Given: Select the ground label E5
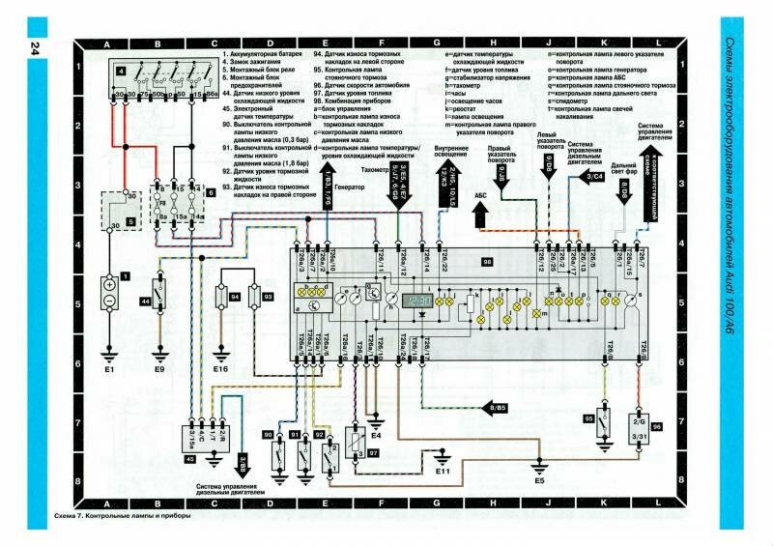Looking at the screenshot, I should (540, 480).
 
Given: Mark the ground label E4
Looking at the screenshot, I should (377, 436).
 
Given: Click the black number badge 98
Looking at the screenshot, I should (487, 262).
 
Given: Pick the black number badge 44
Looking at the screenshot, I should (145, 302).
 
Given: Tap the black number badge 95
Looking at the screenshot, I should (588, 418).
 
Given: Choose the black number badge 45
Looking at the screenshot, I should (190, 460).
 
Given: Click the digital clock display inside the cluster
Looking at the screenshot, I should (416, 302).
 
